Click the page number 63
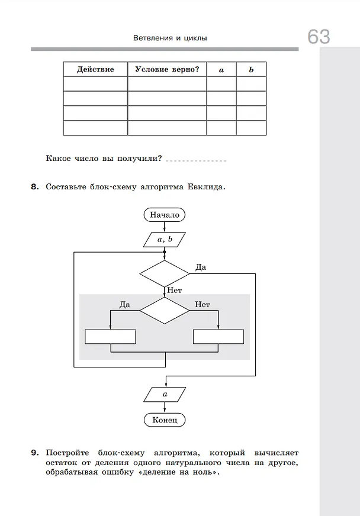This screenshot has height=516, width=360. [x=319, y=36]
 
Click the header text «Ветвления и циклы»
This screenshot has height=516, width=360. [x=170, y=38]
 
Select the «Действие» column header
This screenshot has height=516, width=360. [x=95, y=69]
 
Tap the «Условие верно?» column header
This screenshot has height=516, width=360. [x=167, y=69]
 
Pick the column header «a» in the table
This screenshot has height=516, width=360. [x=221, y=70]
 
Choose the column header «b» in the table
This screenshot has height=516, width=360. [x=251, y=69]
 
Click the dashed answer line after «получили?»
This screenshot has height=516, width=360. [x=196, y=161]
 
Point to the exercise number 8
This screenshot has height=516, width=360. [x=35, y=186]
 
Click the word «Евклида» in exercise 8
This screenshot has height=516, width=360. [x=206, y=187]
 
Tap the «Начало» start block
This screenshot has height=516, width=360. [x=165, y=215]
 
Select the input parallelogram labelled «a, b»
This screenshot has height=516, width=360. [x=165, y=240]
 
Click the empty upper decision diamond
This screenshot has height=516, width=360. [x=165, y=273]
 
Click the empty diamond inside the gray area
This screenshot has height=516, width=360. [x=165, y=310]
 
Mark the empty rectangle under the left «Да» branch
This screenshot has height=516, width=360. [x=110, y=337]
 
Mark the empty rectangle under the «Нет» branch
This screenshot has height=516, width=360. [x=218, y=337]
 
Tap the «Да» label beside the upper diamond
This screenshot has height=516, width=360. [x=201, y=267]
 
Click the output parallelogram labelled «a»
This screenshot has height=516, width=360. [x=165, y=394]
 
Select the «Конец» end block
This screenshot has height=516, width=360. [x=165, y=420]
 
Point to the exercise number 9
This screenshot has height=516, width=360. [x=35, y=453]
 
